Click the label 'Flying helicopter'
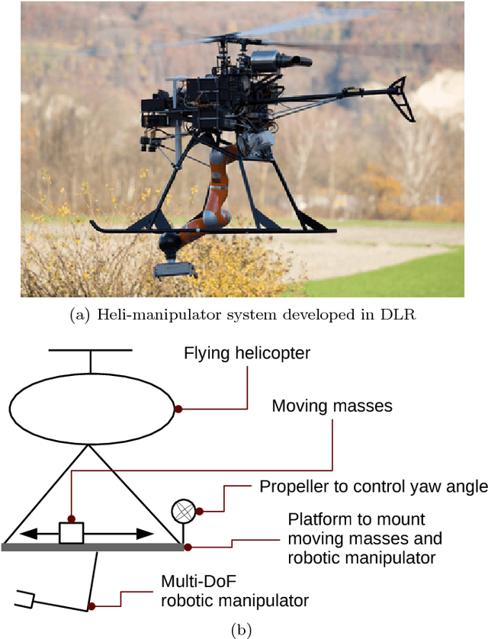[248, 354]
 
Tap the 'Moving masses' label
[332, 406]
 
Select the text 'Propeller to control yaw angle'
[373, 486]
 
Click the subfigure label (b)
[244, 629]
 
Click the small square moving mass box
[72, 533]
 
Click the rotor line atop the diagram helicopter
[91, 351]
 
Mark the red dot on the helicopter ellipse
[178, 409]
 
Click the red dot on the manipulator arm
[91, 607]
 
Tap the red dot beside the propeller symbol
[199, 511]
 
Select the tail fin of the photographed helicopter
[400, 99]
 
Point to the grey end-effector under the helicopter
[175, 269]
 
